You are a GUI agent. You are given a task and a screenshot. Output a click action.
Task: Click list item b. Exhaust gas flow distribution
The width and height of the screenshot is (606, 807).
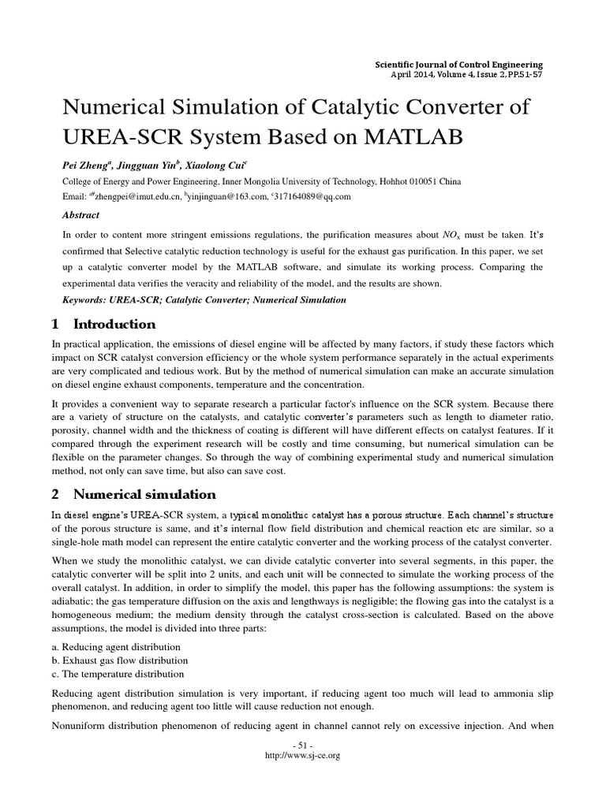pos(120,660)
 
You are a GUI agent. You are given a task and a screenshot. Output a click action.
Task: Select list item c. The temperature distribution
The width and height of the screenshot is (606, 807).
pos(118,674)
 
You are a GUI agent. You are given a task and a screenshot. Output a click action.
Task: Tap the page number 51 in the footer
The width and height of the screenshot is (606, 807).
pos(303,746)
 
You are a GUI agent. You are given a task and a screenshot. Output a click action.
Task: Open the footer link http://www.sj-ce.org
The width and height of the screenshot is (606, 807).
pos(304,755)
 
